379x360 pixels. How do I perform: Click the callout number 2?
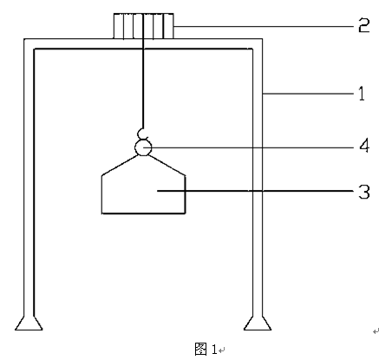[364, 25]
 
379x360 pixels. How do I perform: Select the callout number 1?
[362, 94]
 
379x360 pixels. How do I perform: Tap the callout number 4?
[364, 146]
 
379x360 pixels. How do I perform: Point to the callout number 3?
[364, 192]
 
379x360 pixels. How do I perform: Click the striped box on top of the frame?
[143, 26]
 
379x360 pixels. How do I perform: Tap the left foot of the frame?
[29, 324]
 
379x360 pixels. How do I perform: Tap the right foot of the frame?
[258, 324]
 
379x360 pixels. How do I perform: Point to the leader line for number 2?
[264, 26]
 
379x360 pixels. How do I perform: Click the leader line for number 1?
[308, 94]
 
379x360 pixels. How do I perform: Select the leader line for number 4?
[249, 147]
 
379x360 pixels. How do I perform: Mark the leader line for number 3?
[256, 191]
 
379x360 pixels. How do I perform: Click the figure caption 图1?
[206, 349]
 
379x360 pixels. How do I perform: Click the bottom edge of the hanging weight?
[143, 213]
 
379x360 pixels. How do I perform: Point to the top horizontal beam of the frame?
[143, 43]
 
